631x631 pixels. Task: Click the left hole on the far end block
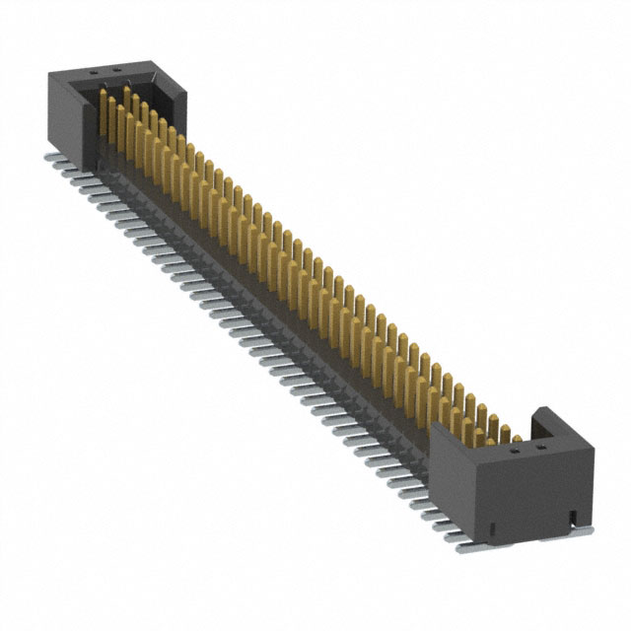(93, 71)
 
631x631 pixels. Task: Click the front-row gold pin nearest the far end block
(105, 108)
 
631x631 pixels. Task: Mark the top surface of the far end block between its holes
(104, 72)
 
